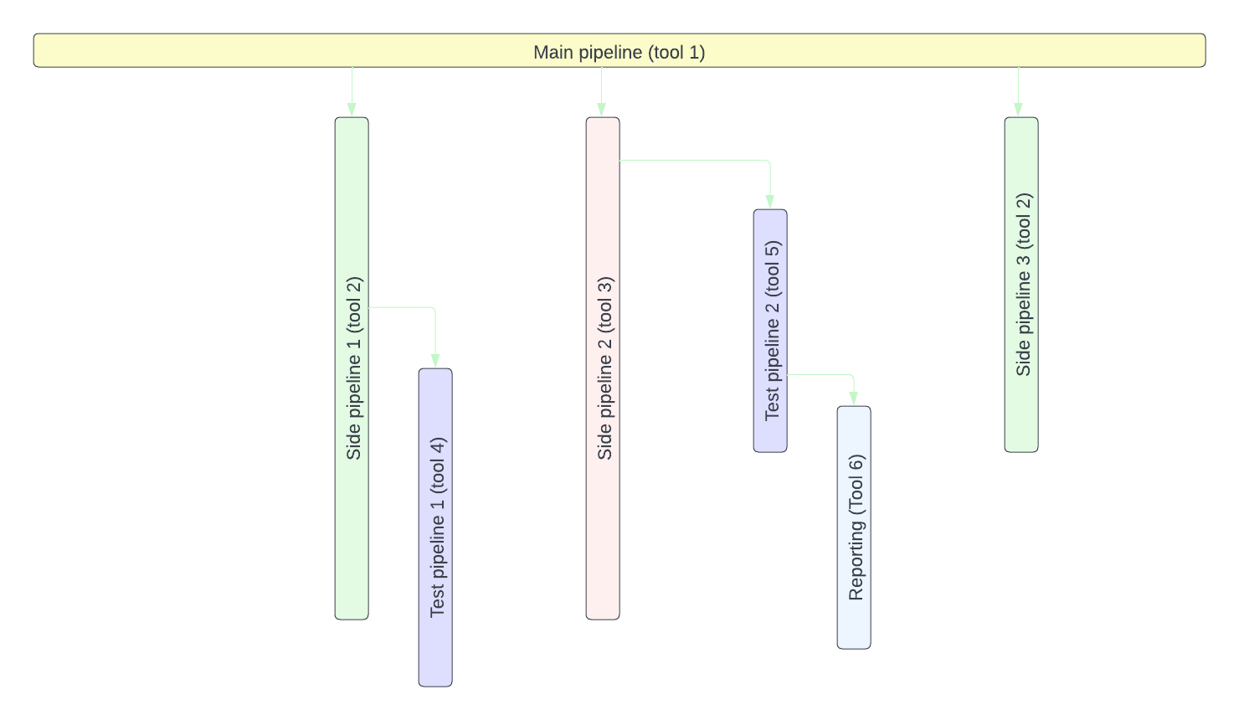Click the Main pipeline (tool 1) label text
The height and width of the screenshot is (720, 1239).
[619, 52]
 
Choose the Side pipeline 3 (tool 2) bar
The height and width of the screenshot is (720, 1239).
[1021, 419]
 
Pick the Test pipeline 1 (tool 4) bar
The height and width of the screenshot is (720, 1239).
[435, 653]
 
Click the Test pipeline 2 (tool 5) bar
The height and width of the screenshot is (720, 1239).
[770, 435]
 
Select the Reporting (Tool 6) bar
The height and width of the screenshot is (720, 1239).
[854, 628]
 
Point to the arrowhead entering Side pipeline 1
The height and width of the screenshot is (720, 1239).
[352, 110]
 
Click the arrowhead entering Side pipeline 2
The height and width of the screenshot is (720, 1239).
[601, 110]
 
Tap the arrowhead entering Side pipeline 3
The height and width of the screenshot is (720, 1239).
[1018, 110]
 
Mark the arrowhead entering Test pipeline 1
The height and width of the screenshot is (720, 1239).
[435, 361]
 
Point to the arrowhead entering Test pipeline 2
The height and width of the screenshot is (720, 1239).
[770, 202]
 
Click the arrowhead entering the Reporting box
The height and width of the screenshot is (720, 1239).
[854, 399]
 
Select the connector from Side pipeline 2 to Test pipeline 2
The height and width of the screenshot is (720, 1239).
[695, 160]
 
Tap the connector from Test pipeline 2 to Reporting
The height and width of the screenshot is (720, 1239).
[820, 374]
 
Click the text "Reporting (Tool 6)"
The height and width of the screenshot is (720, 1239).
[856, 527]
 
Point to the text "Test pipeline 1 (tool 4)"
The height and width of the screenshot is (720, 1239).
[437, 527]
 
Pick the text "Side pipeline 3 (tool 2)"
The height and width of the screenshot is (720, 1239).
[1023, 285]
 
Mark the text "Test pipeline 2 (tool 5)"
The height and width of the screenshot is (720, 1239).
[772, 331]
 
